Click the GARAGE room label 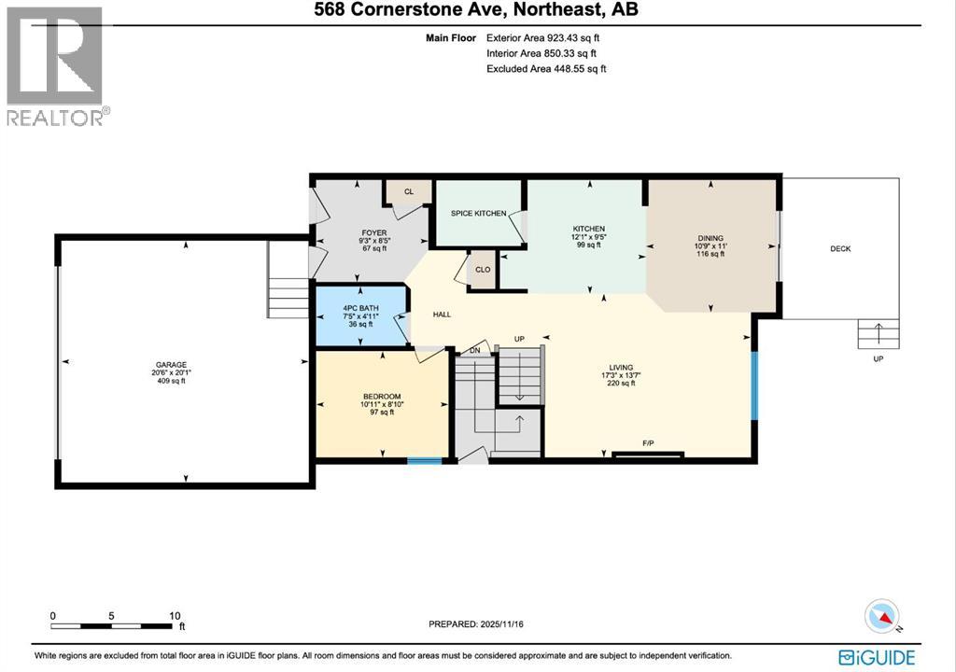tap(170, 365)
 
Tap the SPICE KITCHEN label tap(478, 214)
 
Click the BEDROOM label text tap(381, 397)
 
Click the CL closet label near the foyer tap(409, 191)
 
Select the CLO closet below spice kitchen tap(483, 270)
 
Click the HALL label tap(442, 315)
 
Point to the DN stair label tap(474, 351)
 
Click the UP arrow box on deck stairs tap(879, 334)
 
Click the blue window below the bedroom tap(425, 460)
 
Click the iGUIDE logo tap(877, 656)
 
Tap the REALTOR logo tap(56, 65)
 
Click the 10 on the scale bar tap(174, 616)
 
